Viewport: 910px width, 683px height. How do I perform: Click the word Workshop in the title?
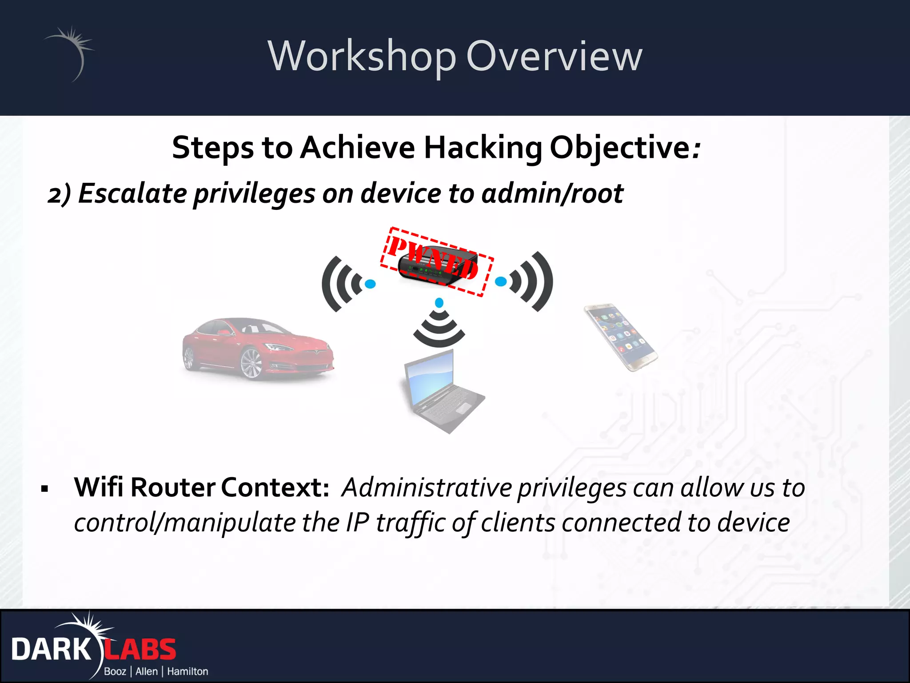click(362, 56)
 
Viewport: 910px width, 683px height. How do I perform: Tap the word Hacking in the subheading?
click(483, 148)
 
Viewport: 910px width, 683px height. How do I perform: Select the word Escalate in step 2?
click(132, 194)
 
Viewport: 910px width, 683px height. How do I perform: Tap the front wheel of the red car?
click(251, 363)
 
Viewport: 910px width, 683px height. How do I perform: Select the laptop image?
click(442, 391)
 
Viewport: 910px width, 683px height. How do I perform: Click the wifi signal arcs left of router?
click(342, 284)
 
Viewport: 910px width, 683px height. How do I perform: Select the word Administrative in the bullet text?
click(426, 488)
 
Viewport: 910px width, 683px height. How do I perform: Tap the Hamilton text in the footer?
click(188, 671)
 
